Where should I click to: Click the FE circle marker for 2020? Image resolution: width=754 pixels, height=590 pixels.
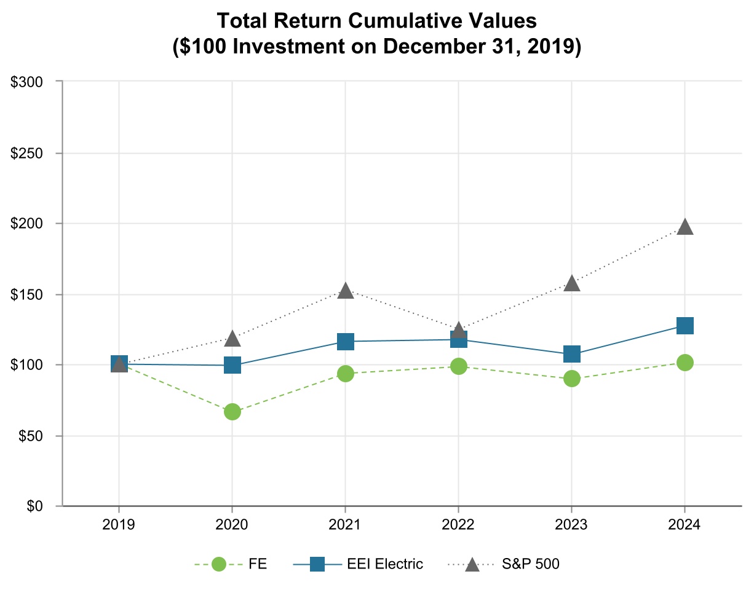click(232, 412)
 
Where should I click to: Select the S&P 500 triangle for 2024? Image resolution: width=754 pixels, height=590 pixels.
click(685, 227)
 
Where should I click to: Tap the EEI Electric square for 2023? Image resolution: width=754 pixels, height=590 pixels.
click(571, 355)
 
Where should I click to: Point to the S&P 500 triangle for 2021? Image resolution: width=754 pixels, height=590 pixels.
click(346, 291)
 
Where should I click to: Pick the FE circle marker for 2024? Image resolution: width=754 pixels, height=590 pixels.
click(685, 363)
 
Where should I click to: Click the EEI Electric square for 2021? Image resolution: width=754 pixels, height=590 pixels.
click(346, 342)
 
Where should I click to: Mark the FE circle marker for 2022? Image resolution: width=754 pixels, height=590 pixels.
click(458, 366)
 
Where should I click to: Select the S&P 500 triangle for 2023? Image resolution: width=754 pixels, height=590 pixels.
click(571, 283)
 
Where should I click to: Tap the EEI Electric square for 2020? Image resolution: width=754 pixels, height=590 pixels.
click(232, 365)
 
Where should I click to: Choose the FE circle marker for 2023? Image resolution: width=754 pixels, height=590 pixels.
click(571, 379)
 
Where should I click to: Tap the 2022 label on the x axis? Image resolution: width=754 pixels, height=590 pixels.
click(458, 526)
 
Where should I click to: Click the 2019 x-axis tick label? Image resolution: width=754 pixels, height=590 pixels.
click(119, 526)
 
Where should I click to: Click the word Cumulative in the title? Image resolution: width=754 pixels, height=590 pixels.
click(399, 22)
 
